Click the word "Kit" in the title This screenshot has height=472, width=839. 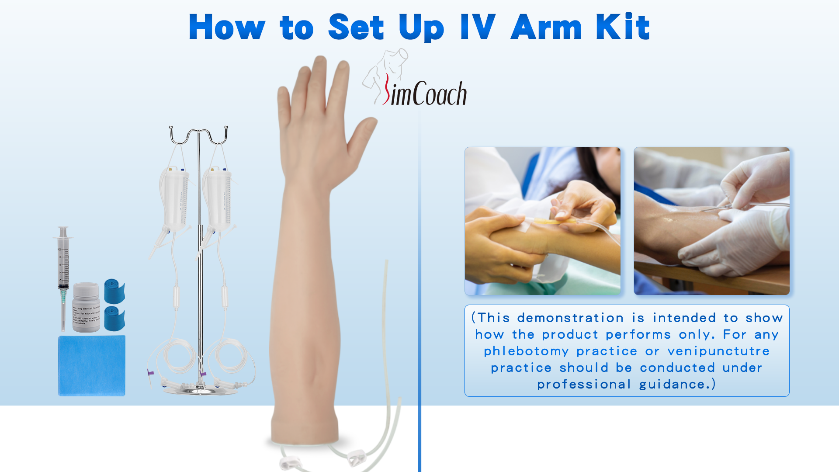click(622, 27)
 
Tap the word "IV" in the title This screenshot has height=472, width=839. click(478, 27)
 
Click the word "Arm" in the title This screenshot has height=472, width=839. click(546, 27)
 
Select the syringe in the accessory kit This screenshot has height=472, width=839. click(63, 271)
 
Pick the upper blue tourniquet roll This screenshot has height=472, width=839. click(114, 291)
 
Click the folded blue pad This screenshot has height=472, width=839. click(92, 365)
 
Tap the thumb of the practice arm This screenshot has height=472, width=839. click(361, 140)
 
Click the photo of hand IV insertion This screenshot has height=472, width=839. click(542, 221)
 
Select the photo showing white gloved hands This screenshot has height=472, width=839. click(711, 221)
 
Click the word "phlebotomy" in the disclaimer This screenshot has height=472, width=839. click(526, 351)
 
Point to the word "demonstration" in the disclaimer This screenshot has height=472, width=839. click(570, 318)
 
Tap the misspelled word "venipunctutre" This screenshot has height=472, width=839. click(718, 351)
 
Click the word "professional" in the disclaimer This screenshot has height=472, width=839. click(584, 385)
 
